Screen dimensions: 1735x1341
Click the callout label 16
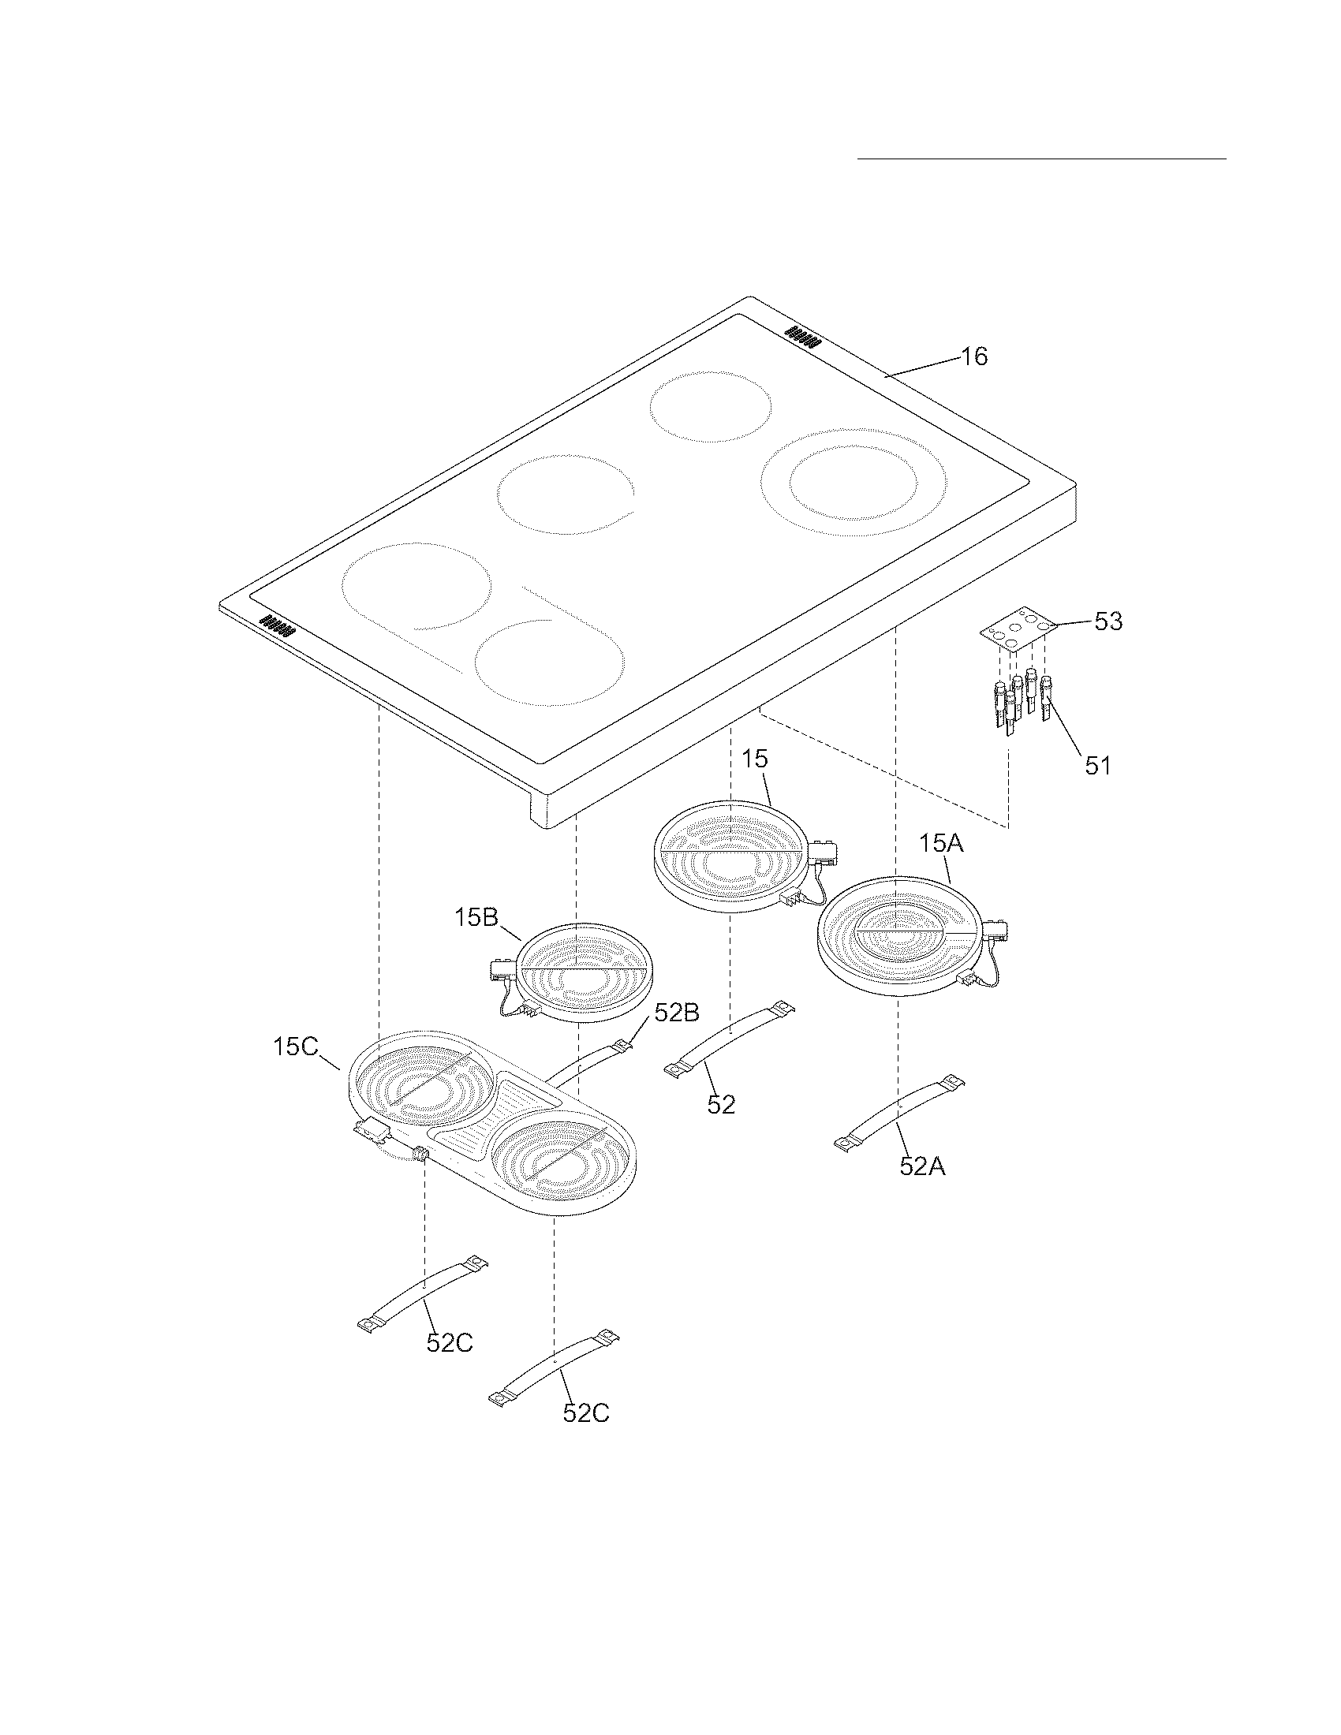974,356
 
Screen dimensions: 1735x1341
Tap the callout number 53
1108,621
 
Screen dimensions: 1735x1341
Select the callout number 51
1098,766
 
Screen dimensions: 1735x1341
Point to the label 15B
476,917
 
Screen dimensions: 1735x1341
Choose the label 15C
296,1047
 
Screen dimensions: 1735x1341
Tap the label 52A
922,1166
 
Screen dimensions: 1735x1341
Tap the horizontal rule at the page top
1041,159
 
